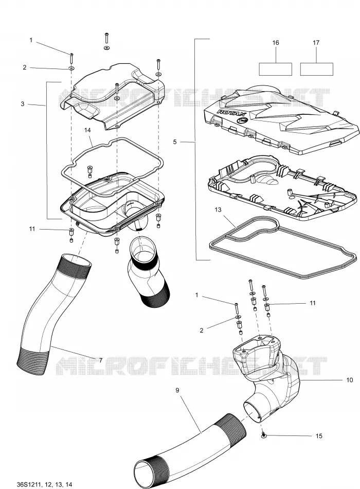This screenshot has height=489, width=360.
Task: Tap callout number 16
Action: [276, 42]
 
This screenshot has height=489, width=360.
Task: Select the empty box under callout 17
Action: [317, 69]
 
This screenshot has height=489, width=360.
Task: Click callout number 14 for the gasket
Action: [87, 130]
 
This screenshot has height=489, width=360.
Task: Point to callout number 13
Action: [218, 209]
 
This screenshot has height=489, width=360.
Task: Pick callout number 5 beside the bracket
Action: [174, 142]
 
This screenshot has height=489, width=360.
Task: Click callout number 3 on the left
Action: [23, 104]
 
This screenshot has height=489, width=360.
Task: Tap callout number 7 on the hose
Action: [101, 360]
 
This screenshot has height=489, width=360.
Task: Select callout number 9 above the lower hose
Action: [177, 390]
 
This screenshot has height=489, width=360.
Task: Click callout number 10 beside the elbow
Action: [349, 380]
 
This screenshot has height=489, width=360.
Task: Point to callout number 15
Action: [319, 436]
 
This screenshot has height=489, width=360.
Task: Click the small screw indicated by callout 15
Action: [263, 434]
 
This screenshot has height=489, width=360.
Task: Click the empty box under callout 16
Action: [276, 69]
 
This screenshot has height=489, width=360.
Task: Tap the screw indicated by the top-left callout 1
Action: [71, 58]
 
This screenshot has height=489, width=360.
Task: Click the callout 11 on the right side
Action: [313, 303]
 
